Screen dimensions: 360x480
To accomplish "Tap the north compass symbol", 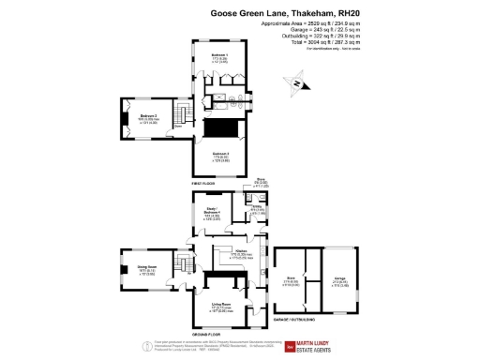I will [297, 86].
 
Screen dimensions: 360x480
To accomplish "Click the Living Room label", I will [221, 305].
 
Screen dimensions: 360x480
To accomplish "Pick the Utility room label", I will [255, 211].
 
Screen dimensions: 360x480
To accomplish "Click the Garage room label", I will [337, 279].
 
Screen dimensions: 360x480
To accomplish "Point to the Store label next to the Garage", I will [292, 279].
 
